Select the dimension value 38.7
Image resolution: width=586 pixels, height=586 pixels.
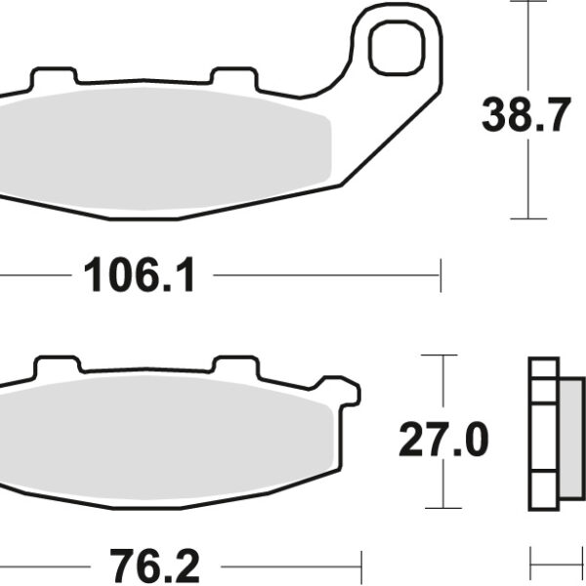(x=524, y=117)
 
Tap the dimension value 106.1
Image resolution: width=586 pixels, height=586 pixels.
(x=140, y=277)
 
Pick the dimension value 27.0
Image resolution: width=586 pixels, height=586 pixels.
(x=442, y=441)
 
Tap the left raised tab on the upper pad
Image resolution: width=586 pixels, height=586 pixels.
(x=55, y=76)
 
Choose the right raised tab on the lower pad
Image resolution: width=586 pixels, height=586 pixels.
(x=234, y=365)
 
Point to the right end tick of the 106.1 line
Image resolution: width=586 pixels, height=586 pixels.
(x=440, y=275)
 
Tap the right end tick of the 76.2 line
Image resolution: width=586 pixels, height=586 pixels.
(x=361, y=565)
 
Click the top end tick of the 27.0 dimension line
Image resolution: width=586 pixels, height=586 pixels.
(x=442, y=356)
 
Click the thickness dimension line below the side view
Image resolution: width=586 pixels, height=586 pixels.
(x=556, y=565)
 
